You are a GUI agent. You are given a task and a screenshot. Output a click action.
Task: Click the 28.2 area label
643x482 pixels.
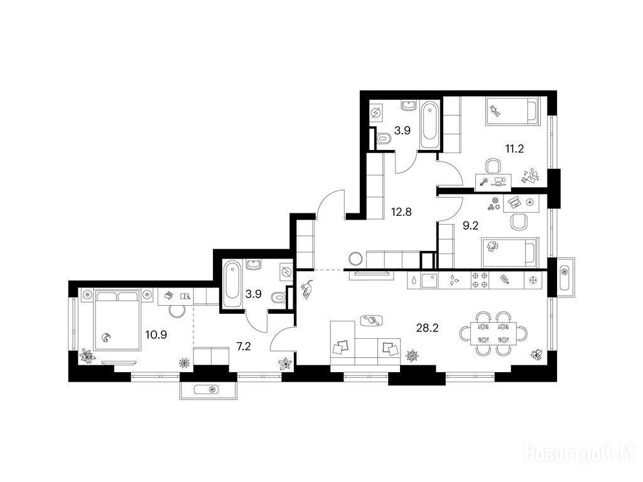click(x=427, y=328)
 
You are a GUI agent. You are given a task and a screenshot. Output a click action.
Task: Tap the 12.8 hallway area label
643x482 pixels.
click(x=401, y=212)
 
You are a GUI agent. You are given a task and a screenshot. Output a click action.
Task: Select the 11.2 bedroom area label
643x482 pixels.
click(x=514, y=148)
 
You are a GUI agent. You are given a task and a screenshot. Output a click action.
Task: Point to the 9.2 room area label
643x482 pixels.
click(x=470, y=225)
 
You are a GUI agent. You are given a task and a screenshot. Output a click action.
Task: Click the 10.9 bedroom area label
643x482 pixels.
click(x=156, y=335)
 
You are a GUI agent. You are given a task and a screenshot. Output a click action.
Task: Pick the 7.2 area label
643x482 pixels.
click(x=244, y=346)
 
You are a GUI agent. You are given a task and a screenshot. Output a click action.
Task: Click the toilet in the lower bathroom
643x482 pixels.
click(x=279, y=297)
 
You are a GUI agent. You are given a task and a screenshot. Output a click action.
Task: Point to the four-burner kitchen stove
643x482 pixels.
click(x=479, y=281)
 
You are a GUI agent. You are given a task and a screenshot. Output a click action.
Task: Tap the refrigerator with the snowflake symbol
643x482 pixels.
click(x=533, y=281)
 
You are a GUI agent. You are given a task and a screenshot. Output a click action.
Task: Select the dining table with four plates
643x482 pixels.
click(x=493, y=333)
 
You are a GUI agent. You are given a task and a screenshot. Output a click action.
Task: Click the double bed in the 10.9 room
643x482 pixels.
click(x=117, y=319)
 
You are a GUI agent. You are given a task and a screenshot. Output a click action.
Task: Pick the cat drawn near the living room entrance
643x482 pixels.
click(x=306, y=289)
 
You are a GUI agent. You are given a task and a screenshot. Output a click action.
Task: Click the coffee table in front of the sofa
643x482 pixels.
click(x=372, y=320)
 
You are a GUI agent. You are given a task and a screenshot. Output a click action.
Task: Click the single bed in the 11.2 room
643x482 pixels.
click(x=511, y=110)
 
